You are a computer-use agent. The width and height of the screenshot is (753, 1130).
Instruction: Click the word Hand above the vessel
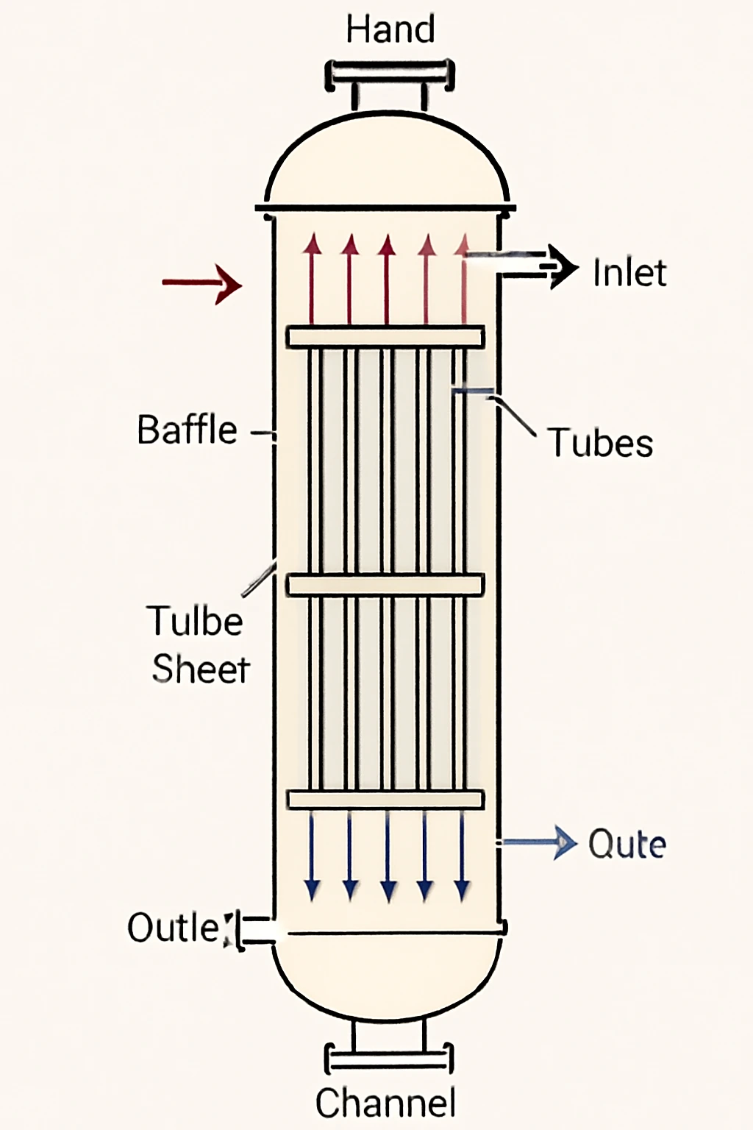[x=390, y=30]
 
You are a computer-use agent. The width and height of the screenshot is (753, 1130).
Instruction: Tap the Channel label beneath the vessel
[x=385, y=1103]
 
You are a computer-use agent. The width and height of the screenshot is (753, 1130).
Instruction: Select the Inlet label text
[x=629, y=273]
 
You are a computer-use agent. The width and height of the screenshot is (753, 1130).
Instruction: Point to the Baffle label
[x=188, y=430]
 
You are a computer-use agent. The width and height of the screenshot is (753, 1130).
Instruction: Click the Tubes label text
[x=601, y=443]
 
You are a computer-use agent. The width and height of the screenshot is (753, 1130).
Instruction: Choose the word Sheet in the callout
[x=201, y=669]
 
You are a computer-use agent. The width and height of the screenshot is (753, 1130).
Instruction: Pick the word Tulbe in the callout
[x=196, y=621]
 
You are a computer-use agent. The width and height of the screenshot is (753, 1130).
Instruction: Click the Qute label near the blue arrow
[x=627, y=844]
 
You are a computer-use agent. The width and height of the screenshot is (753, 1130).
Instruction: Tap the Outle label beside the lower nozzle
[x=174, y=928]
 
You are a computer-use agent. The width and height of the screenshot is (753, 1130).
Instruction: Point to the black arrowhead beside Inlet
[x=563, y=266]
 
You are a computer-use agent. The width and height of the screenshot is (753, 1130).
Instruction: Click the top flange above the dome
[x=390, y=74]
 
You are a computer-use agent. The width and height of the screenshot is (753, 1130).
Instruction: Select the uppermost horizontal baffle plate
[x=385, y=337]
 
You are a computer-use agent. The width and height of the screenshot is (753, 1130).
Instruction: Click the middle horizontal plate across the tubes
[x=385, y=585]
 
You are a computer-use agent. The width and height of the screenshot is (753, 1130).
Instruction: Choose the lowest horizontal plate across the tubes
[x=385, y=800]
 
